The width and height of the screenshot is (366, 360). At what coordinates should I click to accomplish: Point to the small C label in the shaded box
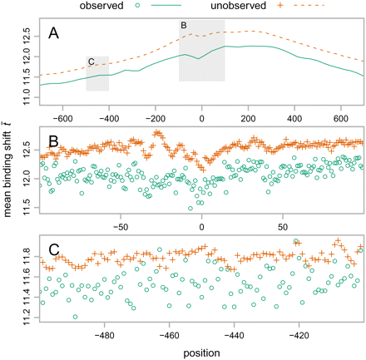pos(91,61)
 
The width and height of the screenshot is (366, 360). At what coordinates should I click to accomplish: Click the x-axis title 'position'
pos(201,352)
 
